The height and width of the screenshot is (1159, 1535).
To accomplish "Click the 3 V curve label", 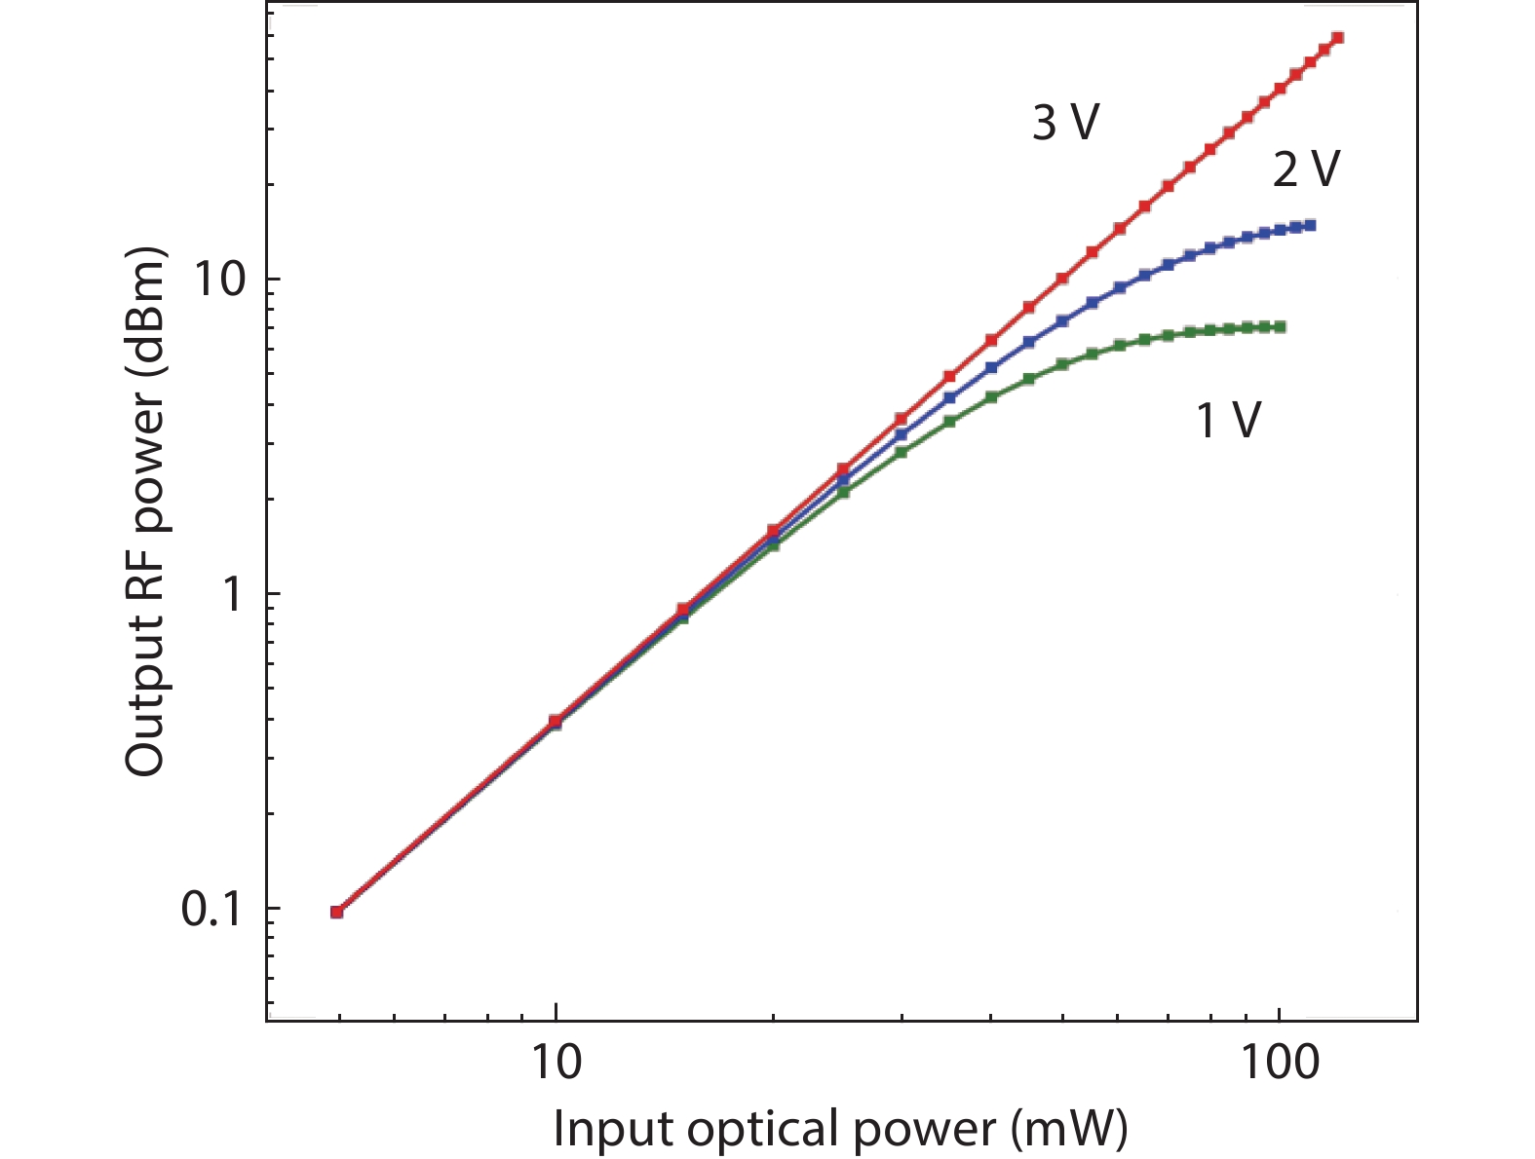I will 1065,124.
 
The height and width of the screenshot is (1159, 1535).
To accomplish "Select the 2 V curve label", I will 1306,169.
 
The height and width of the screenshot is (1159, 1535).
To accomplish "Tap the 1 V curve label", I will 1228,421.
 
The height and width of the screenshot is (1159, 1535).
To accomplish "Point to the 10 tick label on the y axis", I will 218,280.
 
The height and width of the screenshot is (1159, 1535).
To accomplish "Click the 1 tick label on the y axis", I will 232,594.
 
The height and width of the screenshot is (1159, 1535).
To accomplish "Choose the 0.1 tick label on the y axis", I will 211,910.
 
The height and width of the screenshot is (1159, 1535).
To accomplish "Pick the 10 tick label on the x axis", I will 556,1063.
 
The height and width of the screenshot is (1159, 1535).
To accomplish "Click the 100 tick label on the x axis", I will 1280,1063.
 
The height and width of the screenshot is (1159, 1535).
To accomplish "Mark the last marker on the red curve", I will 1338,38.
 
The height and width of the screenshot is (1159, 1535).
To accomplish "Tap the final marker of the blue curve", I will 1311,225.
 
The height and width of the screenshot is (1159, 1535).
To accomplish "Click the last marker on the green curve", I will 1281,326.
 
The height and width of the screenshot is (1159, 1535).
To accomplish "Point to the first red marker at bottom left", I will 336,912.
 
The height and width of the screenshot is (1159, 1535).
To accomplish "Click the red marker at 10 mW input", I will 556,721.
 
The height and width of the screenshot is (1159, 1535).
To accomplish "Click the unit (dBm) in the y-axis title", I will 146,312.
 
